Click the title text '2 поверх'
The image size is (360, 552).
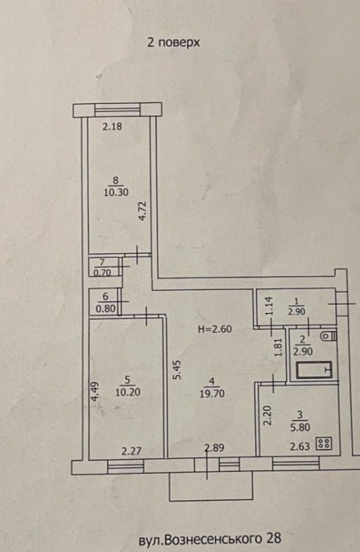(174, 43)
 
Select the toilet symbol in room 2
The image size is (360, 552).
(329, 336)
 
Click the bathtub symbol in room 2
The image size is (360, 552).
(314, 370)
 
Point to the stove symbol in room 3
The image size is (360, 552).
(325, 443)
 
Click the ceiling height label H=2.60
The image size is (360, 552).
(215, 330)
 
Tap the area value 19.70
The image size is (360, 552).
(212, 393)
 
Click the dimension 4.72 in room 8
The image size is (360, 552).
(143, 211)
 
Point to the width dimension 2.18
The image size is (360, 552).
(112, 126)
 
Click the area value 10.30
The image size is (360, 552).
(116, 193)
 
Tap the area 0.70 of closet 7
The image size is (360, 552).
(103, 273)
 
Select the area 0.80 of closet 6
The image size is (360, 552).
(105, 309)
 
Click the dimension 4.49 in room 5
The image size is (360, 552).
(95, 392)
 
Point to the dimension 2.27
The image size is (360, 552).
(131, 451)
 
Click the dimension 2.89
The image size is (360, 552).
(214, 448)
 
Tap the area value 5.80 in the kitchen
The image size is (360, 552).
(300, 428)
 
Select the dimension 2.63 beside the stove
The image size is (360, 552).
(300, 447)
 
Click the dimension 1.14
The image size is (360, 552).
(269, 306)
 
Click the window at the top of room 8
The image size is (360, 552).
(118, 110)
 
